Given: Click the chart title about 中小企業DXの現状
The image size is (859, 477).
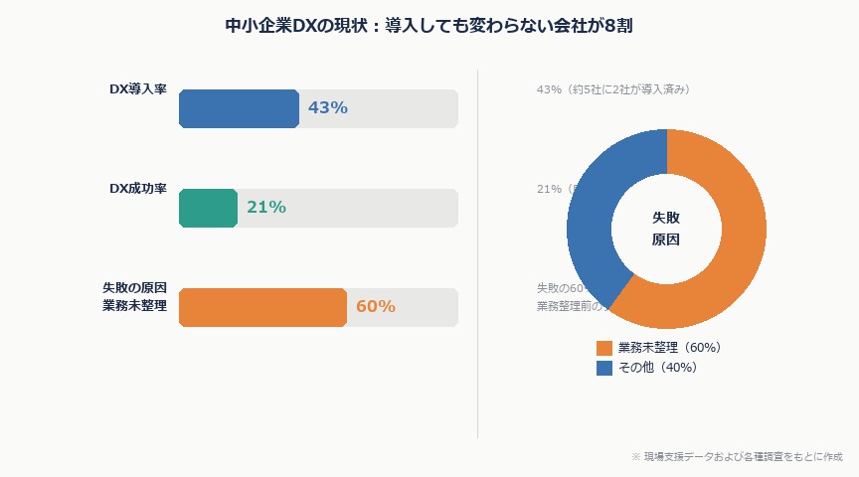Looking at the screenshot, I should coord(429,26).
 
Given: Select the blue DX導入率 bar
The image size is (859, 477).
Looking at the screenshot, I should coord(239,108).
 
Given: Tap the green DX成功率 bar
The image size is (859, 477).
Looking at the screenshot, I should coord(208,208).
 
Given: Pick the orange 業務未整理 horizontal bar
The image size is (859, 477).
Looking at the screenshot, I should coord(262,307).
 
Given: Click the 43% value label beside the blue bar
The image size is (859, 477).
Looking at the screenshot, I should coord(328,108).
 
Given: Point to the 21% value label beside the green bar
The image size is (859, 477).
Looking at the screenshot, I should coord(266,208).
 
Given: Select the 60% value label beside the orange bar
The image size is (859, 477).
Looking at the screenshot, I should coord(376,307).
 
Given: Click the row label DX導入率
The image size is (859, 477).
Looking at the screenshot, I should coord(137,88).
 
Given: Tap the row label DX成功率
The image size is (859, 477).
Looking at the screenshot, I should coord(137,188).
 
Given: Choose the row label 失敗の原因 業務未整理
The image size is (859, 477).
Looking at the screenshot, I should coord(134,296).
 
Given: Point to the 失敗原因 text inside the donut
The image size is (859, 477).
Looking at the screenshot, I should coord(666,229).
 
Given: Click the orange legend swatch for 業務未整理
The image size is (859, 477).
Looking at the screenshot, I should coord(604,348).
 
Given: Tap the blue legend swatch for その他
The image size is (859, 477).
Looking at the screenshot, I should coord(604,368).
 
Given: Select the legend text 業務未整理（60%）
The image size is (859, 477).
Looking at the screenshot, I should coord(669,348).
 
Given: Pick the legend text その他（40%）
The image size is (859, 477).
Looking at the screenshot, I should coord(657,368).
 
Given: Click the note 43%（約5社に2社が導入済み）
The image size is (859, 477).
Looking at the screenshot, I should coord(612,89).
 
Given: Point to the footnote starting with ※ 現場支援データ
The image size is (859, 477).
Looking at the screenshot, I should coord(737,456).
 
